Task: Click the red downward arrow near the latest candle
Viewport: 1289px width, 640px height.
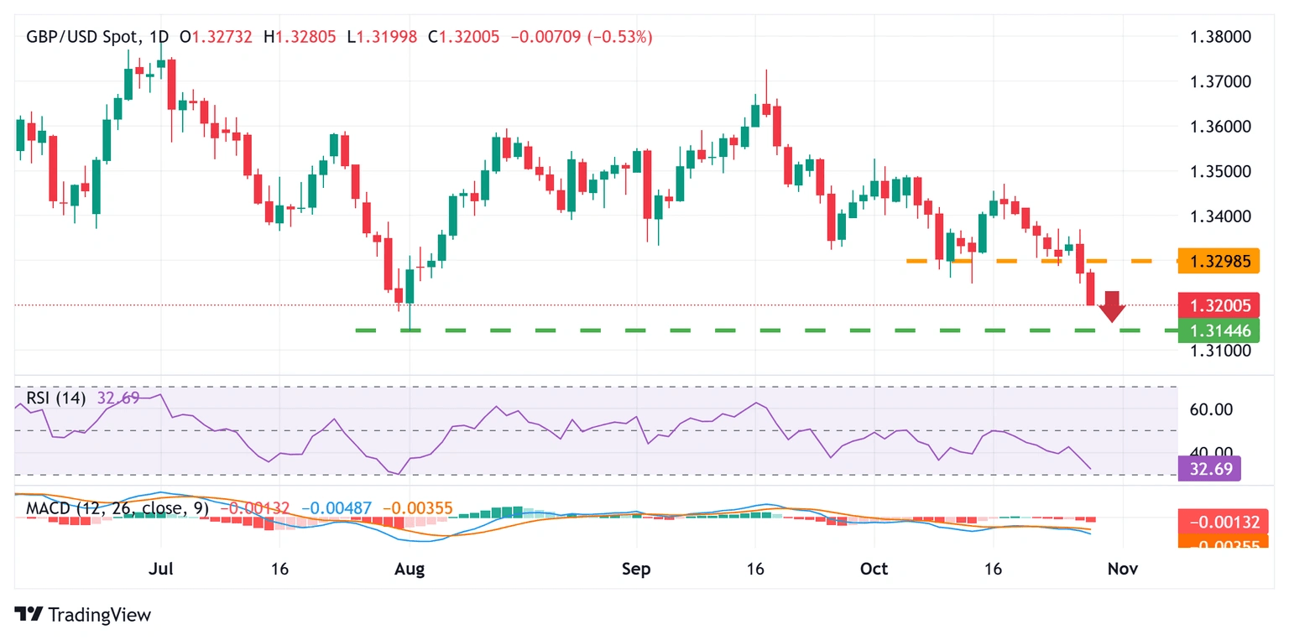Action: pyautogui.click(x=1112, y=307)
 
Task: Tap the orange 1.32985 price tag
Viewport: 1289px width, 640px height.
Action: pyautogui.click(x=1219, y=262)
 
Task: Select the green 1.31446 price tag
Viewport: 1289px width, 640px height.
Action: pyautogui.click(x=1219, y=330)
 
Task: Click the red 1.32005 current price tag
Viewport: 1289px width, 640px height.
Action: pyautogui.click(x=1219, y=305)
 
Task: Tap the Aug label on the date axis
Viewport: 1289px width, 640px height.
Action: pyautogui.click(x=410, y=569)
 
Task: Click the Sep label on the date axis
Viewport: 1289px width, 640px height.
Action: pyautogui.click(x=637, y=569)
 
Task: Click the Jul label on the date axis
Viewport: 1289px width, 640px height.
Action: pyautogui.click(x=160, y=569)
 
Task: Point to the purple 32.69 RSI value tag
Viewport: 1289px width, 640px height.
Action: pyautogui.click(x=1208, y=468)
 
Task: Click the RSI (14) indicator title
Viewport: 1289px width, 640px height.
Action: pyautogui.click(x=55, y=398)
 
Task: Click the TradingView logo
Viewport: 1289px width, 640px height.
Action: pyautogui.click(x=83, y=615)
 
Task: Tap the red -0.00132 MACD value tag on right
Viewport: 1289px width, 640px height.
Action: pyautogui.click(x=1219, y=522)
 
